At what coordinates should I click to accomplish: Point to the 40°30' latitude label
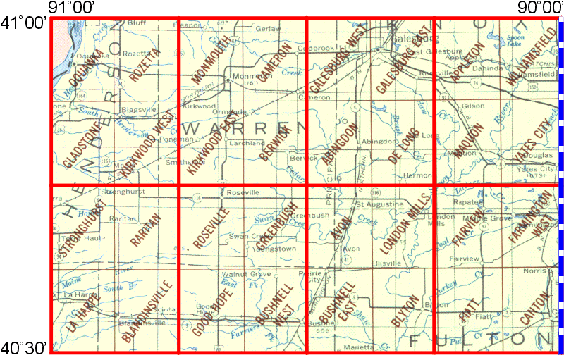(24, 347)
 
